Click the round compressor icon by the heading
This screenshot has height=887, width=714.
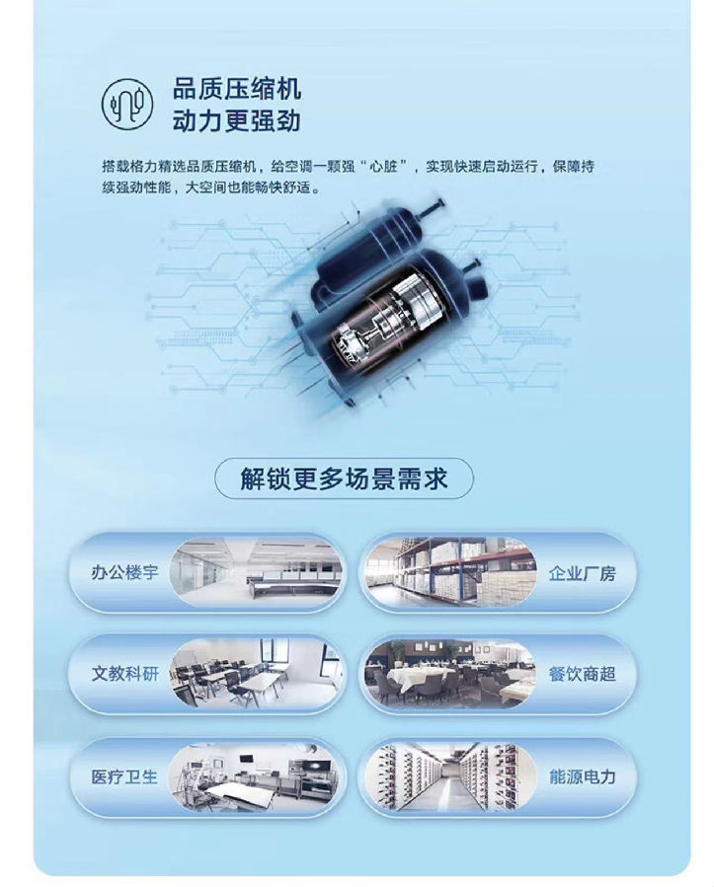point(127,104)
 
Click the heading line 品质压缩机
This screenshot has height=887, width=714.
point(237,90)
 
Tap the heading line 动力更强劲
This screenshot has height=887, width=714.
point(237,121)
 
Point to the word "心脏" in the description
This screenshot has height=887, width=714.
point(389,167)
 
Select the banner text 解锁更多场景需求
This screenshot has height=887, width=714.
point(344,479)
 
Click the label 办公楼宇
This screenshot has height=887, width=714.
point(124,572)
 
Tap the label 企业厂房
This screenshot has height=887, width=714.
point(582,573)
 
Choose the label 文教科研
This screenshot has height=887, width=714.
point(124,674)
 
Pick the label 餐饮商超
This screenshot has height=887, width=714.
point(582,674)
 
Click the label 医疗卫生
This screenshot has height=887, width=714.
point(124,776)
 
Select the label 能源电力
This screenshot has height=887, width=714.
point(582,776)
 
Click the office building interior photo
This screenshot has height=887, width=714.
point(257,572)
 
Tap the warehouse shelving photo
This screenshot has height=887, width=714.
point(450,572)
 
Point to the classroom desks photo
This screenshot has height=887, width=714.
point(257,674)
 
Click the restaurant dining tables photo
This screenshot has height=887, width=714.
point(450,674)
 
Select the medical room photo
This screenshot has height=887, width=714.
point(257,776)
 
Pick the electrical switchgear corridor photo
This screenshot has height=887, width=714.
point(450,776)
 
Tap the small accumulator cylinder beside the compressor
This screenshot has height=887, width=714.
point(368,248)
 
